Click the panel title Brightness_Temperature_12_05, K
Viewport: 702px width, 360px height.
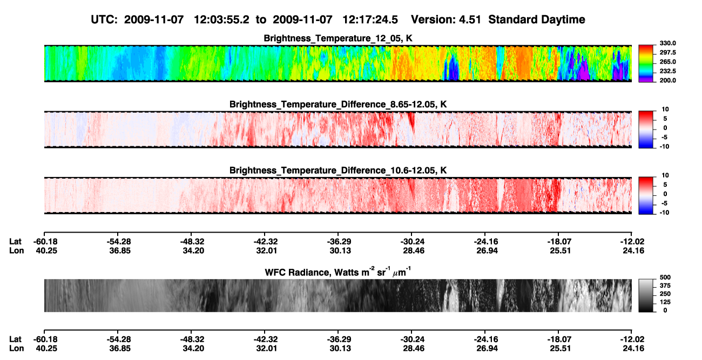pyautogui.click(x=338, y=38)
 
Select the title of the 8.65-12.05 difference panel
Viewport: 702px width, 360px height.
pyautogui.click(x=338, y=104)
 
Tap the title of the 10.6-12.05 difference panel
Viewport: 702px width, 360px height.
pyautogui.click(x=338, y=171)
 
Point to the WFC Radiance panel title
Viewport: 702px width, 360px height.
pyautogui.click(x=338, y=272)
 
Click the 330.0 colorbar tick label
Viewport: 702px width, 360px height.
pyautogui.click(x=667, y=43)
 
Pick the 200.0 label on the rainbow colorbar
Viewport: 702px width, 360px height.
pyautogui.click(x=667, y=80)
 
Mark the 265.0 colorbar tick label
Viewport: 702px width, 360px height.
pyautogui.click(x=667, y=62)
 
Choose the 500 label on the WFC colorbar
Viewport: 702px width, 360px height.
pyautogui.click(x=665, y=277)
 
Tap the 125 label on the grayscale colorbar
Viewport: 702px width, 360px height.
pyautogui.click(x=665, y=302)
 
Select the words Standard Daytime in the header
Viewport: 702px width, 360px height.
pyautogui.click(x=537, y=19)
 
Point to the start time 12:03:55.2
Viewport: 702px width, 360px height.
pyautogui.click(x=221, y=19)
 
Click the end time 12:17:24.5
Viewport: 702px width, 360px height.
pyautogui.click(x=370, y=19)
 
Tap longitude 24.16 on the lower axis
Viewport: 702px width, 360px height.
pyautogui.click(x=633, y=349)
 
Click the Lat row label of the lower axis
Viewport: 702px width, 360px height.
pyautogui.click(x=15, y=339)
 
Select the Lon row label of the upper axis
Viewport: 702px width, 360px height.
pyautogui.click(x=16, y=250)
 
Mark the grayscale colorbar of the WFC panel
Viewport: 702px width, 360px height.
pyautogui.click(x=646, y=295)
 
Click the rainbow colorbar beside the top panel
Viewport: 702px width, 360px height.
pyautogui.click(x=646, y=64)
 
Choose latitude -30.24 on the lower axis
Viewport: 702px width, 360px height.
pyautogui.click(x=412, y=339)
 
